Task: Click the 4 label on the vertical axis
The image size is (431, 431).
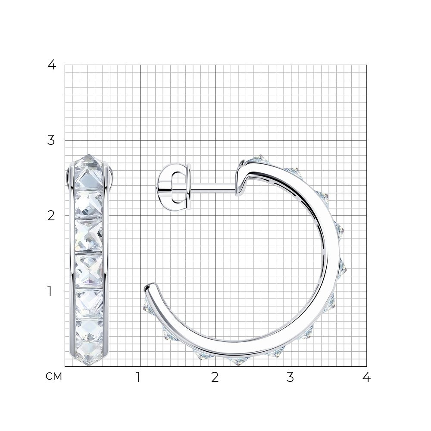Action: [52, 65]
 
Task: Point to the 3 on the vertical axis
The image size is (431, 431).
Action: [51, 141]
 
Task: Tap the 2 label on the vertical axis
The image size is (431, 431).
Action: [51, 216]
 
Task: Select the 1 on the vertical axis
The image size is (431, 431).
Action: [50, 291]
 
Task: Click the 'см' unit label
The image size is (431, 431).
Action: [54, 377]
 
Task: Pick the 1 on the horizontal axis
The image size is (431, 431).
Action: [138, 378]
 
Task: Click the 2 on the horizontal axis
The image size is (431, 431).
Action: [215, 378]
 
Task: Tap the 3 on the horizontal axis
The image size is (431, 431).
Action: [290, 378]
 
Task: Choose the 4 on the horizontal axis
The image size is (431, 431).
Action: [366, 378]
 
